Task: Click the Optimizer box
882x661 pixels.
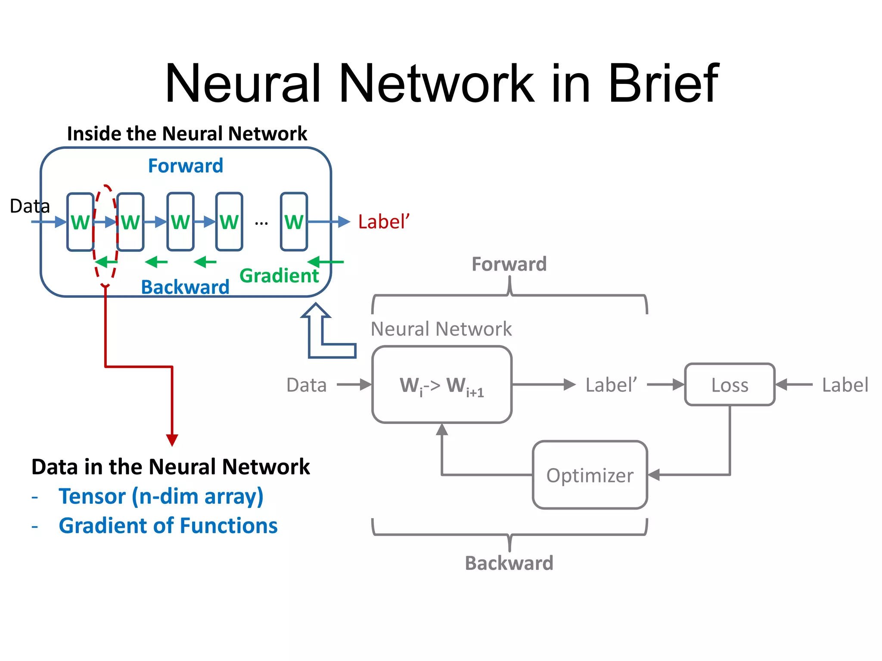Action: coord(590,475)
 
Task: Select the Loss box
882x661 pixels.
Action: coord(730,385)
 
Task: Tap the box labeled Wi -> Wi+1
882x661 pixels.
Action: coord(442,385)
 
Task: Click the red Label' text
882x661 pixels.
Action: coord(383,222)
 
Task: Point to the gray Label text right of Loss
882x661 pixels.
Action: coord(845,385)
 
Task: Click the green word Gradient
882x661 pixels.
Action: coord(279,275)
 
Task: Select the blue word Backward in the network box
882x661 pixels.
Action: coord(185,287)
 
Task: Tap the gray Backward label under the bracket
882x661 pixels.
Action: coord(509,563)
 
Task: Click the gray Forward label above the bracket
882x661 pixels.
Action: coord(509,264)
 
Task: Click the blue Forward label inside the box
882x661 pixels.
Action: coord(186,166)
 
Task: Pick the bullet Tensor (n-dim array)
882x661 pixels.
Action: coord(161,496)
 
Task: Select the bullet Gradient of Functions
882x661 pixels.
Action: coord(168,525)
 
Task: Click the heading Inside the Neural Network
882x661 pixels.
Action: coord(187,133)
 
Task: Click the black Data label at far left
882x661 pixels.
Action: coord(30,206)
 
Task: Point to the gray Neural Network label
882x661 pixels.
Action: coord(441,329)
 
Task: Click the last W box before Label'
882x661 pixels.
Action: coord(294,222)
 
